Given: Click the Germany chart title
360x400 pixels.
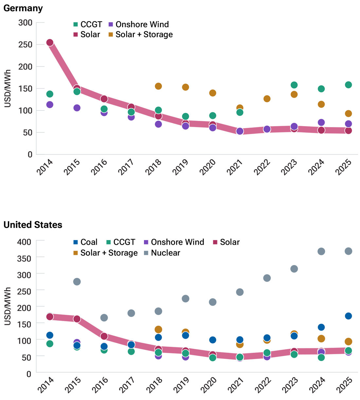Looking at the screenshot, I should coord(23,8).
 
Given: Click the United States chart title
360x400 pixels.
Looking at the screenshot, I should coord(33,225).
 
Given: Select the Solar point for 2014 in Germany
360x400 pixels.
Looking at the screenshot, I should coord(50,43).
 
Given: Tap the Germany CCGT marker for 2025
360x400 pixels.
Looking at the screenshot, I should coord(348,85).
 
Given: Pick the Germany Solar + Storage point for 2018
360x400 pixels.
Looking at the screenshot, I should coord(158,86).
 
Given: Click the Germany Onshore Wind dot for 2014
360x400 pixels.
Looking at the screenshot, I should coord(50,105).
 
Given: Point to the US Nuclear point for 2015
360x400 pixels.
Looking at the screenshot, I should coord(77,282).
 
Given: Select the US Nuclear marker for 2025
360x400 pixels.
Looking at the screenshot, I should coord(348,251).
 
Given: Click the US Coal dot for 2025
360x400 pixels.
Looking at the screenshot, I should coord(348,316).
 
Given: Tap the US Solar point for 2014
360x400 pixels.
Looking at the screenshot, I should coord(50,317).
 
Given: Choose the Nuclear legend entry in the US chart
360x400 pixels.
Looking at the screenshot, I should coord(162,253).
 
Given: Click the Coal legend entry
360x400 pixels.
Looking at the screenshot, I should coord(85,242).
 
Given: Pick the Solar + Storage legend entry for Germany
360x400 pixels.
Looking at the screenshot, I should coord(140,34).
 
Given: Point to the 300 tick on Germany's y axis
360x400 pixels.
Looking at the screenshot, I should coord(25,23).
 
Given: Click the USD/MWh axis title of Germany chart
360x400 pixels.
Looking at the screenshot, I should coord(8,88).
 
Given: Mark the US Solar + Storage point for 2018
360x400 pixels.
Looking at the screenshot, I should coord(158,330).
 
